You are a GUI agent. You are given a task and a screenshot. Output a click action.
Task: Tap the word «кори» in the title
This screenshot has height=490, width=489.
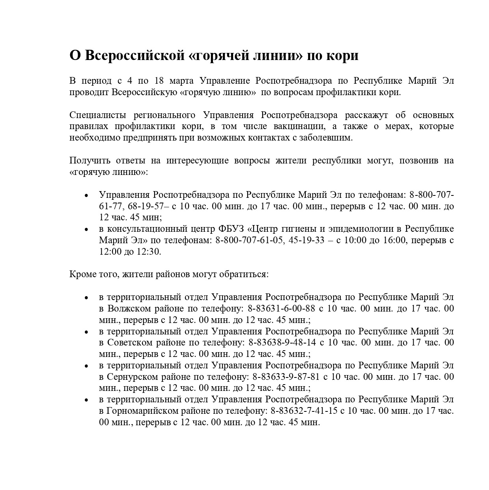click(x=342, y=56)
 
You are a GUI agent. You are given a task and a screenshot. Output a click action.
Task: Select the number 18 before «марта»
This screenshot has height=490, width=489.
click(x=159, y=81)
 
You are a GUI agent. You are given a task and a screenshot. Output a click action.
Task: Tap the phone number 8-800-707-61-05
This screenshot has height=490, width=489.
click(x=250, y=240)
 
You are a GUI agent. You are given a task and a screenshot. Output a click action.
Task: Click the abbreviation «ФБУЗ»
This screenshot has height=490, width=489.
click(x=231, y=229)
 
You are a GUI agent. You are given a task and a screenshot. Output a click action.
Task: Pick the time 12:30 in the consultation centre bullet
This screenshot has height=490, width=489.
click(x=148, y=252)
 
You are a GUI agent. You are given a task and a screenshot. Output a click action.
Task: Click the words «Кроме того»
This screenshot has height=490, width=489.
click(x=93, y=274)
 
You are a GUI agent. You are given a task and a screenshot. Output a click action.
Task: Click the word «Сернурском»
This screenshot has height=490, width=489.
click(x=133, y=377)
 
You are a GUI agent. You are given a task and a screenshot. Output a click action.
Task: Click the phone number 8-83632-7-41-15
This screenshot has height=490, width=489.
click(x=304, y=411)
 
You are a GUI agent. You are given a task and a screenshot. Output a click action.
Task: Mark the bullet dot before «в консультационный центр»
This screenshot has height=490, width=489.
click(x=86, y=229)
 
